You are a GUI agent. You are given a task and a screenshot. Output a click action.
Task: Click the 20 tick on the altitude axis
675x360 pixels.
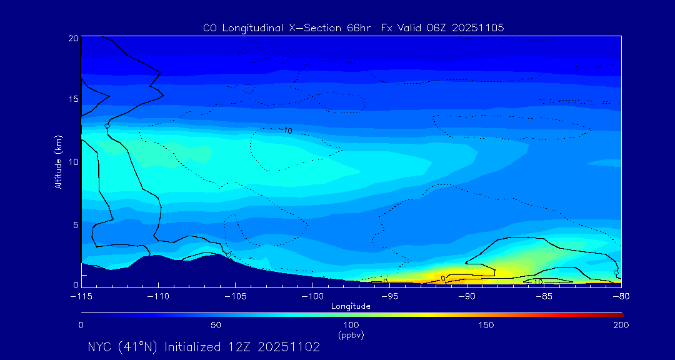72,37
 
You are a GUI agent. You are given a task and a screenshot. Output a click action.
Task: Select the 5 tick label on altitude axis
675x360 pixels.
74,224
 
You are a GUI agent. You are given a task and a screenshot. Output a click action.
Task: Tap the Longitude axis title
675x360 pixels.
351,306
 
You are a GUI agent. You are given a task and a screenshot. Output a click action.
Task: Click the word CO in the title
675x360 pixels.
209,28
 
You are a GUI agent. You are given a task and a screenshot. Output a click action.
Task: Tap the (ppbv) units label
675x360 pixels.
351,335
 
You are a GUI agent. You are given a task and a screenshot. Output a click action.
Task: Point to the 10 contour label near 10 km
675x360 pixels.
287,131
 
